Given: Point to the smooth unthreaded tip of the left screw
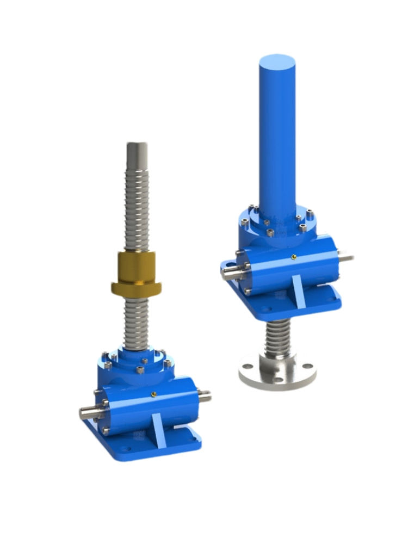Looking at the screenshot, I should coord(137,151).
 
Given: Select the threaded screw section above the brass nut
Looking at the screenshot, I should coord(137,207).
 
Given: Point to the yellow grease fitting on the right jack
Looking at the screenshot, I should coord(293,257).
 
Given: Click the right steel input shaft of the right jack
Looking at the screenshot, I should coord(345,256).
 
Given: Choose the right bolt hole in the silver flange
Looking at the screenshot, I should coord(307,365).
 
